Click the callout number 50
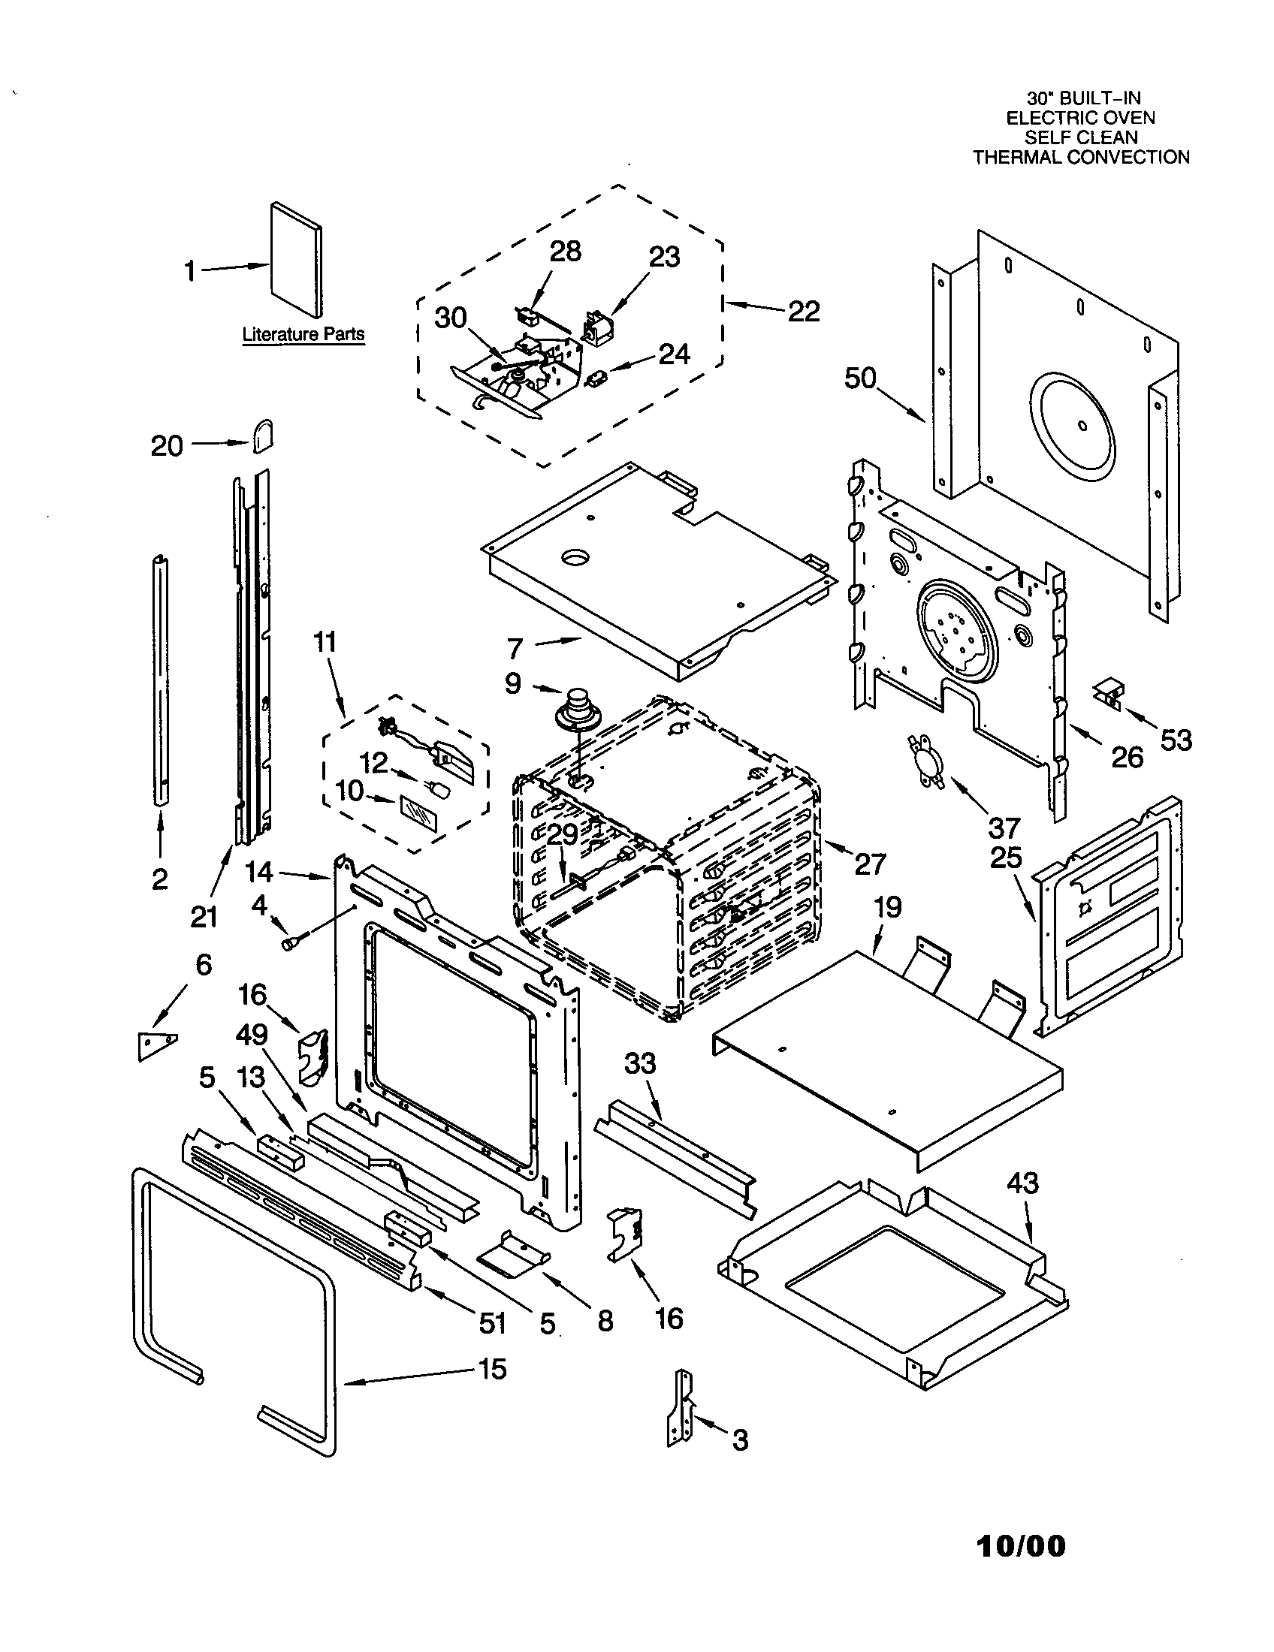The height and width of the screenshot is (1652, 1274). point(860,378)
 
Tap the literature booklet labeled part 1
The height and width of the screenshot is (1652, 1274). point(296,260)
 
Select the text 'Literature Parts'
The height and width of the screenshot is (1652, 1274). point(303,334)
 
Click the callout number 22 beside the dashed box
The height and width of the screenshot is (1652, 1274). point(804,311)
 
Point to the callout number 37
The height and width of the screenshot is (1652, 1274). point(1004,828)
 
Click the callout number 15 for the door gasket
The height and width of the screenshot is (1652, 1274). point(493,1369)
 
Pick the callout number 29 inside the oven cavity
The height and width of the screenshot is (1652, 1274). point(562,835)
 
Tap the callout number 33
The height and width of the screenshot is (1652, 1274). point(640,1063)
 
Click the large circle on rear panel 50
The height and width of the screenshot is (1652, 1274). point(1082,426)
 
